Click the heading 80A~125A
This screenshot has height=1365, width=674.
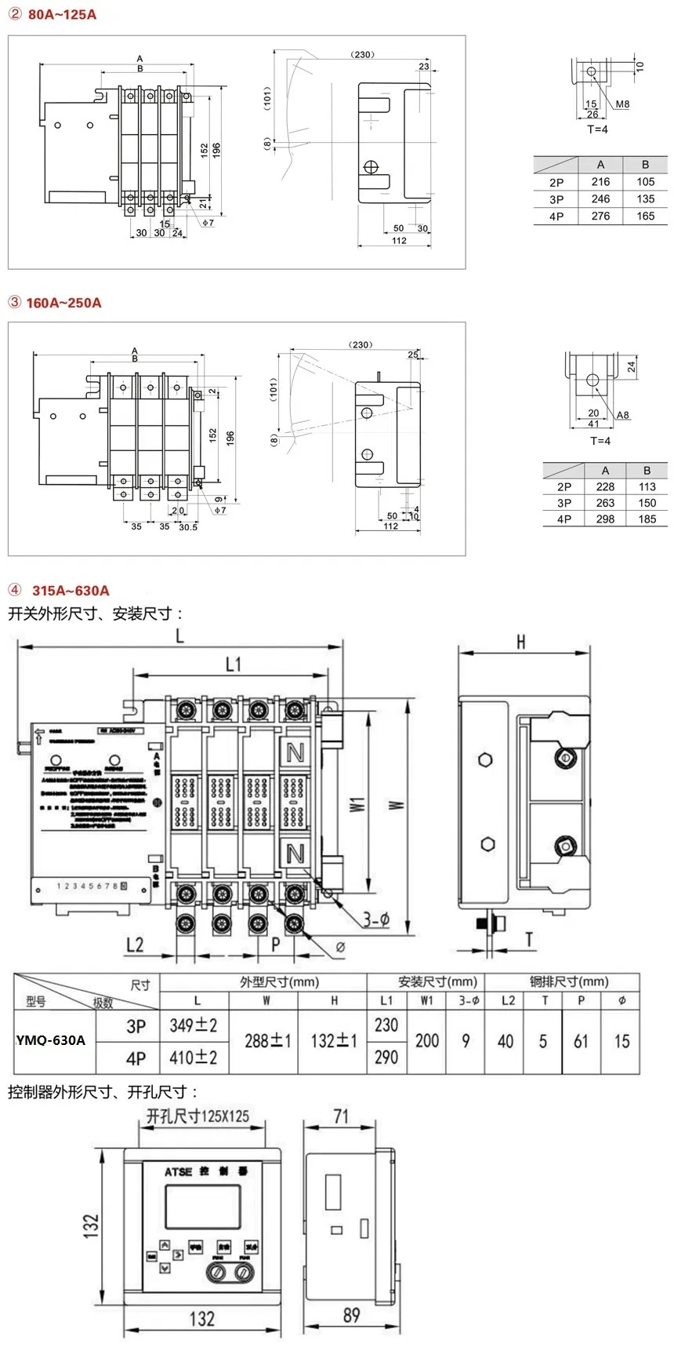tap(62, 15)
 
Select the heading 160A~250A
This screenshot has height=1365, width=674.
tap(63, 303)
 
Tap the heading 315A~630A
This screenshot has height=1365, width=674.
tap(71, 591)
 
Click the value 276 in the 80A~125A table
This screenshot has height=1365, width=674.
tap(600, 217)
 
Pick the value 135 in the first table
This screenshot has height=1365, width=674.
tap(645, 199)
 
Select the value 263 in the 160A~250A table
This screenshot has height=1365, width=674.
tap(605, 503)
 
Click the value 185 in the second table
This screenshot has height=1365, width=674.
tap(647, 519)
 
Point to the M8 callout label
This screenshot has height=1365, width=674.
tap(622, 104)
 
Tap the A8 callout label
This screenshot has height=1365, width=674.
tap(622, 415)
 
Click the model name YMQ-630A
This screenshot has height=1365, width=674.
tap(51, 1040)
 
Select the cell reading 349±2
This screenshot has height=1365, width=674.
tap(194, 1025)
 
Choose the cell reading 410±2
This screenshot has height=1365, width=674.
tap(194, 1057)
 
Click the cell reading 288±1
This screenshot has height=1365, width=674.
tap(267, 1041)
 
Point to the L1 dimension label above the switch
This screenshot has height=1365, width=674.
tap(234, 664)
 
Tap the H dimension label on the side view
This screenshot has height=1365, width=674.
tap(521, 642)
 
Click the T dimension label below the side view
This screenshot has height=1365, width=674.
tap(530, 939)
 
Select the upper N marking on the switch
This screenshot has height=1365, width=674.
tap(295, 753)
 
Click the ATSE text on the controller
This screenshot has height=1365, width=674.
tap(179, 1172)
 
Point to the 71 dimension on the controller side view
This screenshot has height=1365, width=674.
tap(341, 1116)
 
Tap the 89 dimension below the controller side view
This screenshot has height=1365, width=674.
tap(351, 1315)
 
